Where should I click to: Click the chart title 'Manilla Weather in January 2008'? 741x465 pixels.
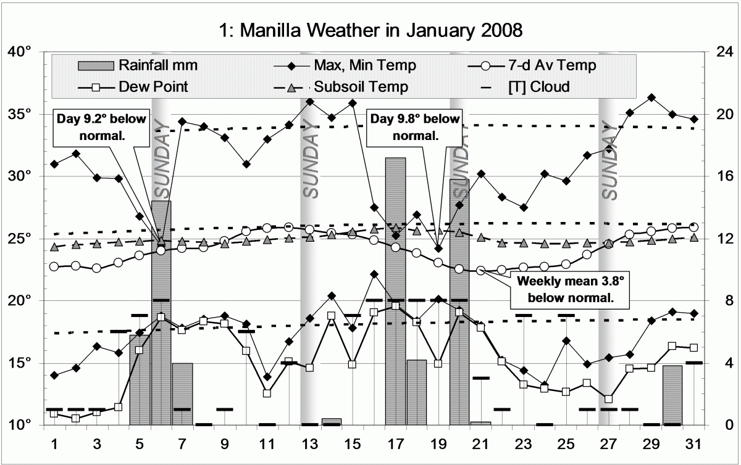(371, 30)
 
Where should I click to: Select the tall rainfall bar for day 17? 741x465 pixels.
(395, 290)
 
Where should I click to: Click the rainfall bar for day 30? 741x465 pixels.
(672, 395)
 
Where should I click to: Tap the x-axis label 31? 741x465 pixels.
(694, 444)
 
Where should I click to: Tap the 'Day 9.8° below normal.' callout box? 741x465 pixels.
(406, 126)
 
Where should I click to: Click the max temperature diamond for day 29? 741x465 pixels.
(651, 97)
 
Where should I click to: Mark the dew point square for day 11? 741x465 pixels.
(267, 393)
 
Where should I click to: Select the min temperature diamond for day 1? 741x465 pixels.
(55, 375)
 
